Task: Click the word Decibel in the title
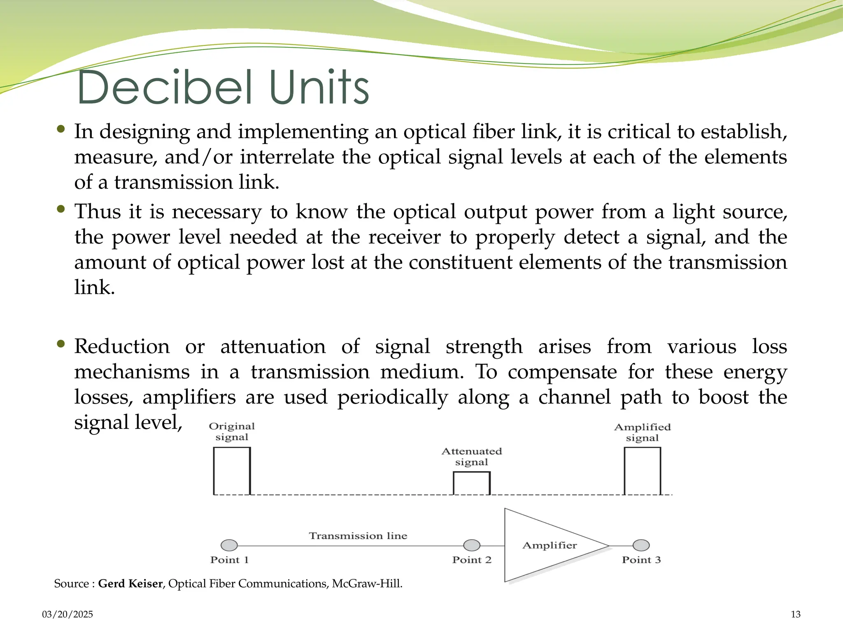[164, 87]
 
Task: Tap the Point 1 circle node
[229, 545]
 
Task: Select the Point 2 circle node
[472, 545]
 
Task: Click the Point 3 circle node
[641, 545]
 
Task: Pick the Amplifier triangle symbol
[543, 545]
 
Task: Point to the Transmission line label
[358, 536]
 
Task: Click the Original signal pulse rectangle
[232, 471]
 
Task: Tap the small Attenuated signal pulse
[471, 483]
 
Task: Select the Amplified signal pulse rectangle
[642, 471]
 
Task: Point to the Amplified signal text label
[642, 432]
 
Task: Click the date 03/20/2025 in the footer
[68, 614]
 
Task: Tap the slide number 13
[795, 614]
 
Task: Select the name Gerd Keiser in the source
[130, 583]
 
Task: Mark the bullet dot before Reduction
[61, 344]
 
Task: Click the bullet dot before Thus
[61, 209]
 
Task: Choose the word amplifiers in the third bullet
[189, 397]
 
